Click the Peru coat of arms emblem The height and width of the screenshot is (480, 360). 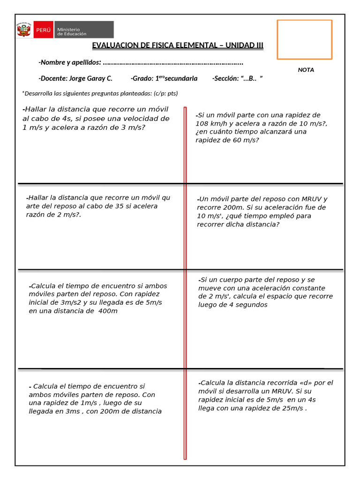(23, 30)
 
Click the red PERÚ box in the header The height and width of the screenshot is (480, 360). (43, 30)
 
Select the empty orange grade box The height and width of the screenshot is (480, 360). (304, 39)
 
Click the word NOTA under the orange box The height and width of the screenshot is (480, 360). (306, 70)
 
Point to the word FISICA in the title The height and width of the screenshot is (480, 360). (162, 45)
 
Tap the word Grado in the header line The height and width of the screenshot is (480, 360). (142, 78)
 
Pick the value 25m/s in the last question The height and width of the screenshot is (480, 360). (292, 408)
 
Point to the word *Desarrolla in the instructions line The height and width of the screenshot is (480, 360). (38, 93)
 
